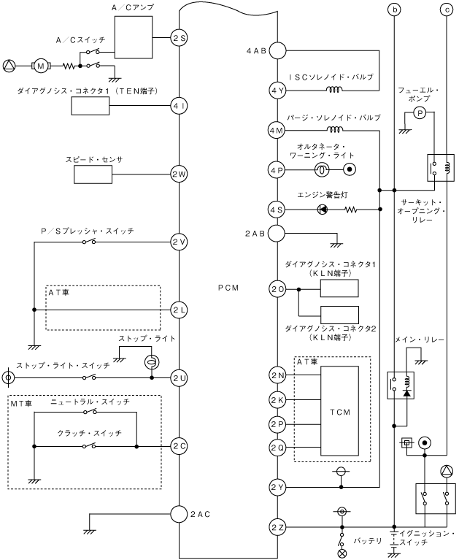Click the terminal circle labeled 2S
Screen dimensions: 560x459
pos(180,37)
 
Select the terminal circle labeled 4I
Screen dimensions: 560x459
pos(180,105)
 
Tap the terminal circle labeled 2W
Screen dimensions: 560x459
pos(180,174)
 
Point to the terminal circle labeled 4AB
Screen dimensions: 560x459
pos(277,50)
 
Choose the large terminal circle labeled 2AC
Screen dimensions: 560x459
pos(180,514)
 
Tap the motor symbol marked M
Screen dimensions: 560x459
pos(42,66)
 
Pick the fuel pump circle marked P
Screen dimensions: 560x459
pos(419,112)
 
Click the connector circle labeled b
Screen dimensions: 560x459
pos(395,9)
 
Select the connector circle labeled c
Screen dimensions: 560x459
pos(446,9)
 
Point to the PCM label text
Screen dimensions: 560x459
pos(228,288)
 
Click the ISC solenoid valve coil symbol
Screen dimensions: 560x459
pos(335,91)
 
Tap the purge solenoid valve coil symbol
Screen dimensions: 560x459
pos(335,131)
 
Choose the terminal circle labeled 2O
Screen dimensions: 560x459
pos(277,288)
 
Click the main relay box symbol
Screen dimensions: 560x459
pos(399,386)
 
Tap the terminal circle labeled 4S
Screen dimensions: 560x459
pos(277,210)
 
